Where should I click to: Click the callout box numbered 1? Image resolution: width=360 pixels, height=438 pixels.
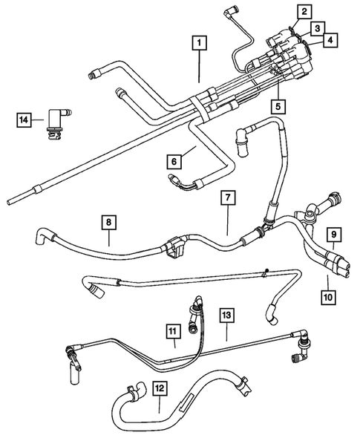(x=198, y=42)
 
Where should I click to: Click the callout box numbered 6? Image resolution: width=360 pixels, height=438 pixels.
(x=174, y=160)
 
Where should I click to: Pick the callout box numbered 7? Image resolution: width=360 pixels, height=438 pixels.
(x=228, y=198)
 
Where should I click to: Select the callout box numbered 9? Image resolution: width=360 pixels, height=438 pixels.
(x=335, y=237)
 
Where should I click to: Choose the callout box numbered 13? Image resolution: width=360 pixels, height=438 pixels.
(x=227, y=315)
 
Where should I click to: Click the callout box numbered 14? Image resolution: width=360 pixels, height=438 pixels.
(x=25, y=119)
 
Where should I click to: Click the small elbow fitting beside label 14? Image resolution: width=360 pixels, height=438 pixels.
(x=56, y=120)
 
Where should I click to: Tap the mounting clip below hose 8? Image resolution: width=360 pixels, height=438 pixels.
(x=177, y=250)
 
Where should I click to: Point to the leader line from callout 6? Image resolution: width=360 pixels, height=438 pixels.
(x=189, y=152)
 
